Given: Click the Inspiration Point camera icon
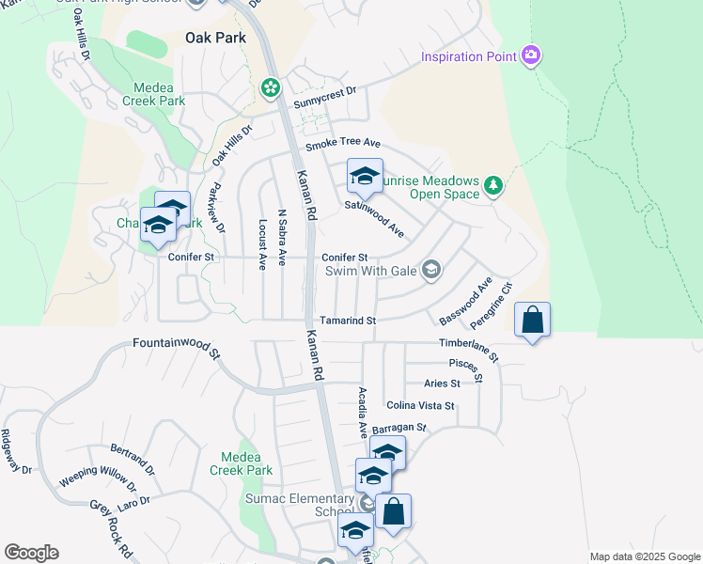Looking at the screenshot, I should [531, 56].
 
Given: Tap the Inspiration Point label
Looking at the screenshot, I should [469, 56].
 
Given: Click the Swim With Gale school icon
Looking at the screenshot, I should [431, 271].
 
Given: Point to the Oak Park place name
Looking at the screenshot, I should [215, 39].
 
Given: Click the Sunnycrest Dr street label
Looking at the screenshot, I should [325, 92].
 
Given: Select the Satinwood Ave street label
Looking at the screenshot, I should [374, 218].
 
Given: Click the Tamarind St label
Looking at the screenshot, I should [348, 321].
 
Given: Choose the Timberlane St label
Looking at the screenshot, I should [468, 350].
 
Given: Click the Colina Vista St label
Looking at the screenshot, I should [420, 405].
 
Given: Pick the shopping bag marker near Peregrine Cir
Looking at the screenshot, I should [532, 320].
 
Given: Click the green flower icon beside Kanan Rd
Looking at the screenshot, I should [271, 87].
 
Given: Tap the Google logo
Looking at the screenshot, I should [31, 553].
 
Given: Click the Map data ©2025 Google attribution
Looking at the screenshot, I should [644, 556].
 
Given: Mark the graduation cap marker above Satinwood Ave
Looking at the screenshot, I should [366, 176].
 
